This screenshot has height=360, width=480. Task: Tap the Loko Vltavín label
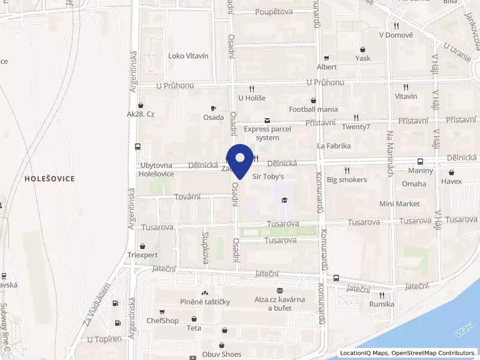pos(188,56)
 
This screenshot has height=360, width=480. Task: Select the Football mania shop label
pos(313,109)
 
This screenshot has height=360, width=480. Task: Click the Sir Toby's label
pos(268,176)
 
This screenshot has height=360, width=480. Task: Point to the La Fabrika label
pos(334,146)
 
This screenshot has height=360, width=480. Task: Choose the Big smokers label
pos(347,179)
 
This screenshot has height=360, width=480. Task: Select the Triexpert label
pos(142,254)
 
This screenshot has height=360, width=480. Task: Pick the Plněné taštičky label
pos(205,301)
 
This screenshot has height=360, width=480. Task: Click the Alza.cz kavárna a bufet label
pos(280,304)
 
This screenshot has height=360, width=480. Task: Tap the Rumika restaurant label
pos(382,304)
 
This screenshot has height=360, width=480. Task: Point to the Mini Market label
pos(400,204)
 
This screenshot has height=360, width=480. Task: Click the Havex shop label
pos(452,181)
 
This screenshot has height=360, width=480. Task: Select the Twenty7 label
pos(356,127)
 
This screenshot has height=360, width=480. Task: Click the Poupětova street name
pos(274,12)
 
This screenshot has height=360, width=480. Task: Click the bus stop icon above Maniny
pos(420,161)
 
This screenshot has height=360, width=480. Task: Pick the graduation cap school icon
pos(284,200)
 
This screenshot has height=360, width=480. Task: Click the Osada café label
pos(214,117)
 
